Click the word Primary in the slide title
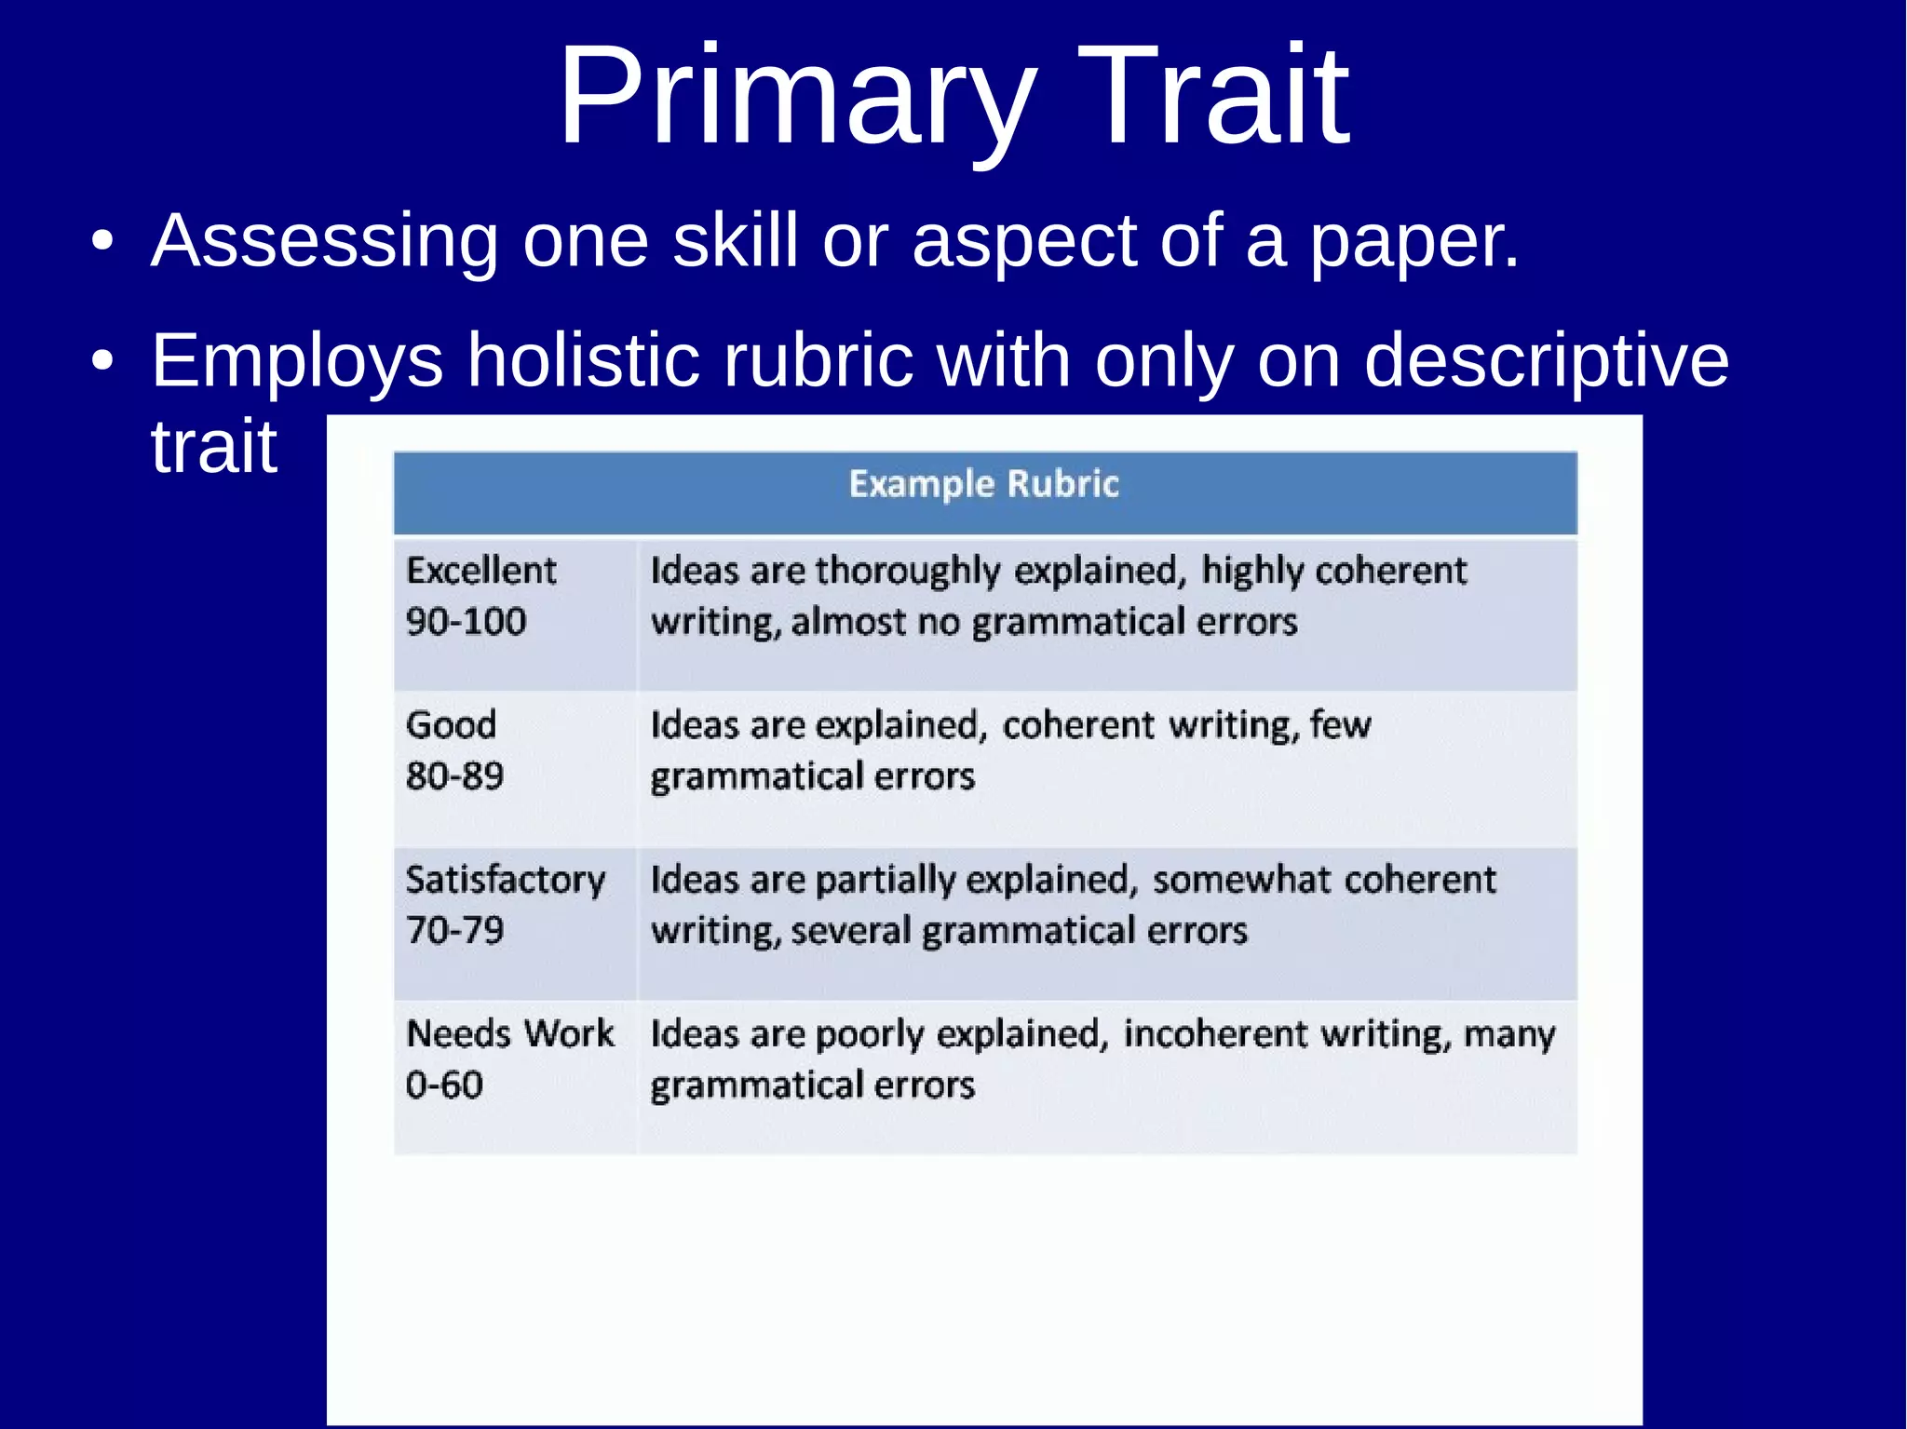tap(796, 97)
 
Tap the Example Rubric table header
tap(983, 485)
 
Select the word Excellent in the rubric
tap(480, 570)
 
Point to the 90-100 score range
tap(466, 621)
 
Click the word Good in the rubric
tap(451, 724)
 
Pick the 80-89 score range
tap(454, 775)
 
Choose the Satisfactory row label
tap(505, 880)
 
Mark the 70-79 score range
tap(454, 930)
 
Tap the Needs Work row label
tap(509, 1033)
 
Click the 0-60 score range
tap(444, 1085)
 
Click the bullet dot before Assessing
tap(102, 241)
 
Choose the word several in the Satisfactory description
tap(851, 931)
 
